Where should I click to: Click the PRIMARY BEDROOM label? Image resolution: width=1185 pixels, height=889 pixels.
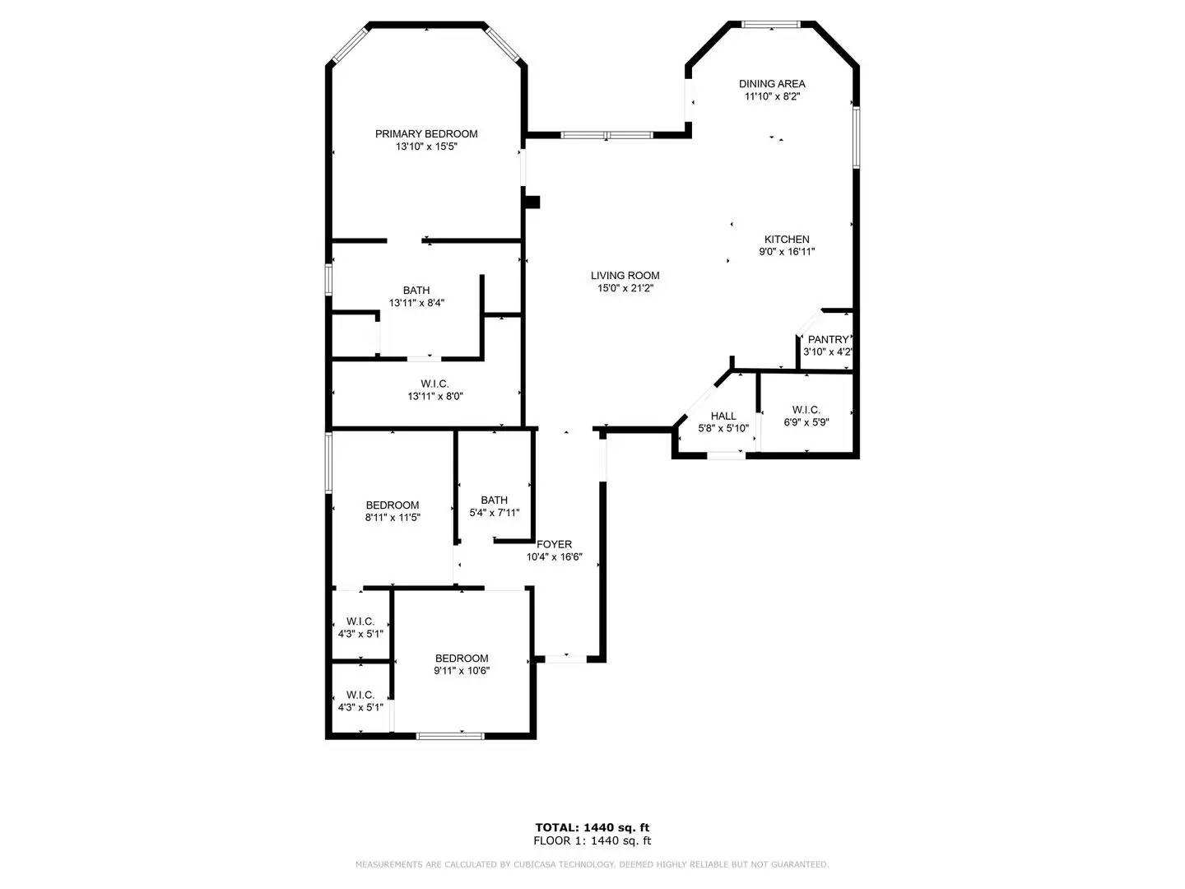coord(425,133)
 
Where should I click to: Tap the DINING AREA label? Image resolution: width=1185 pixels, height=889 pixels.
coord(771,83)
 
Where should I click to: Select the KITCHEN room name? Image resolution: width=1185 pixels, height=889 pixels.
coord(787,240)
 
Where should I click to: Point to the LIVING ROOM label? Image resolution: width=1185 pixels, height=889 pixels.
coord(625,276)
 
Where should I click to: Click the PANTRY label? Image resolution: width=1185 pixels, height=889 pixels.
coord(827,339)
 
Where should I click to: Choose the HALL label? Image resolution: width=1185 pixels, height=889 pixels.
coord(723,416)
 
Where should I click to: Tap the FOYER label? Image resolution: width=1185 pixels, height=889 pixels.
coord(554,544)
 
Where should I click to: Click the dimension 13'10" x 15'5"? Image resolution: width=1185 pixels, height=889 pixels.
coord(425,147)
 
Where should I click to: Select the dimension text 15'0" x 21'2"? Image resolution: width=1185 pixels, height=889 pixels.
coord(625,288)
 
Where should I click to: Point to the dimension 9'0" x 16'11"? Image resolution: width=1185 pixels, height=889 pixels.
coord(787,252)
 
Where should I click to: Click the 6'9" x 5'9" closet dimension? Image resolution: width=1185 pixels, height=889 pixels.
coord(806,422)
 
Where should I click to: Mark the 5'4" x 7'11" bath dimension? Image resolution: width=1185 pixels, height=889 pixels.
coord(494,513)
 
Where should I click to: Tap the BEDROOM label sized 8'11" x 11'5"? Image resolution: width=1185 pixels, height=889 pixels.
coord(393,505)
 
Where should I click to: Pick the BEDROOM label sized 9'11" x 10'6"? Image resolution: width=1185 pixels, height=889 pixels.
coord(462,659)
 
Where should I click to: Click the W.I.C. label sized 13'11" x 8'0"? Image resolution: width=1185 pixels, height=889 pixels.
coord(434,384)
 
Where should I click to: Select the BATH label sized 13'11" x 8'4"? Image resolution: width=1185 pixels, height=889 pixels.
coord(416,290)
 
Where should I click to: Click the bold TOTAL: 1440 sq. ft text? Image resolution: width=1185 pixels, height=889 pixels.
coord(592,827)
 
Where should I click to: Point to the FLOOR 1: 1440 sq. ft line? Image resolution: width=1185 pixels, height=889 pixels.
coord(592,840)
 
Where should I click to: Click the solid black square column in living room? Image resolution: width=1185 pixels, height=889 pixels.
coord(532,202)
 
